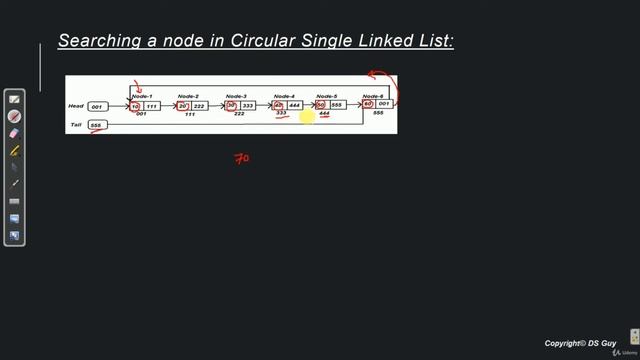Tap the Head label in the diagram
coord(75,105)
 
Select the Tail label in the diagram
coord(75,124)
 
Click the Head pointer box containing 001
coord(97,106)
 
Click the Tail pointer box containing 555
coord(97,125)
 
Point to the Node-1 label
coord(141,96)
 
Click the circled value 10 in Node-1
coord(136,105)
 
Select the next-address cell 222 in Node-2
coord(199,105)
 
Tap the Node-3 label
coord(236,96)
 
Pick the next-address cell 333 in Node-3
coord(247,105)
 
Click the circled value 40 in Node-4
coord(279,105)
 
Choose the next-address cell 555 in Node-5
coord(337,105)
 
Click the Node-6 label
coord(374,96)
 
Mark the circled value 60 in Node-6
coord(368,104)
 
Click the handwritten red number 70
coord(242,158)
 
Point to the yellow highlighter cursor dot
coord(308,119)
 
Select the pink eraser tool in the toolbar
coord(15,133)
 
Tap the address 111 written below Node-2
coord(189,115)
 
